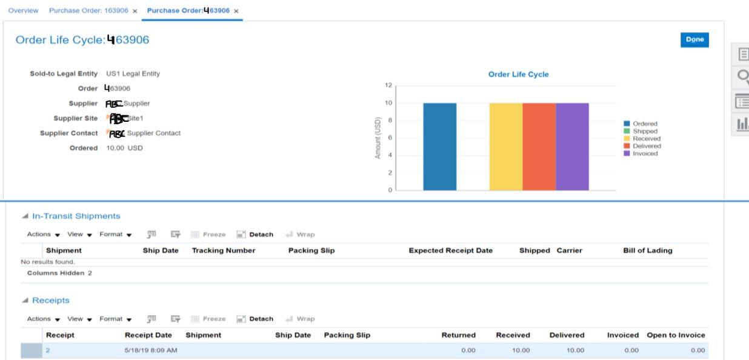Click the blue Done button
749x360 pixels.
coord(694,39)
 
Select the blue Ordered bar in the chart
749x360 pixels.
coord(439,147)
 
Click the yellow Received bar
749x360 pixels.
coord(506,147)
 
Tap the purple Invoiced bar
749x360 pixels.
coord(572,147)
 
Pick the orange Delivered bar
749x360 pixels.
coord(539,147)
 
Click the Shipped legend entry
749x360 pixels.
coord(645,131)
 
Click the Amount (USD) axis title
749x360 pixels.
coord(378,138)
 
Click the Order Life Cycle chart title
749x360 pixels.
coord(518,75)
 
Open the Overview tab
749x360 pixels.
coord(23,11)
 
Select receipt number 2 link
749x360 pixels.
coord(47,350)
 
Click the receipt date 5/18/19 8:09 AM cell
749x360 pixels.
coord(150,350)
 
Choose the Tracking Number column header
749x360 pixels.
coord(224,250)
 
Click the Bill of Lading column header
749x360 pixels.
coord(647,250)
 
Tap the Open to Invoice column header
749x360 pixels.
coord(676,335)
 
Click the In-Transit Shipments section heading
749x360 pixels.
coord(76,216)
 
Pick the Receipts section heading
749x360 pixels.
coord(50,301)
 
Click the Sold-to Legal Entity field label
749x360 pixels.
coord(64,74)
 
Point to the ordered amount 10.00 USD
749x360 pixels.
coord(124,148)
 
